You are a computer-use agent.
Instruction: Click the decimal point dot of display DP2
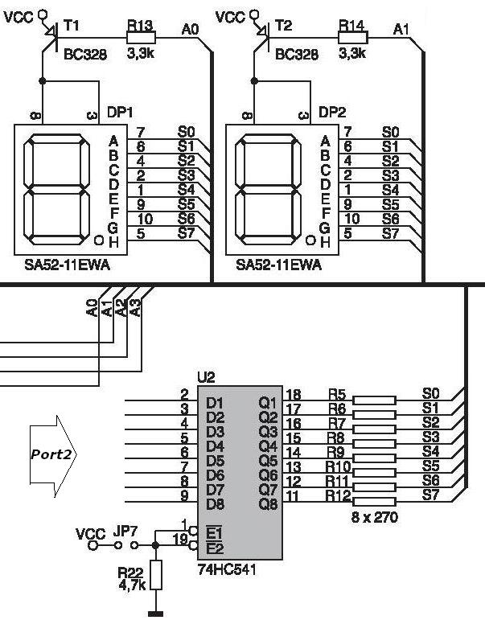[309, 240]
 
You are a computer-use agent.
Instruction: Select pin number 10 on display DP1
[140, 219]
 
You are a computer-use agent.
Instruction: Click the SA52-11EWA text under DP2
[277, 265]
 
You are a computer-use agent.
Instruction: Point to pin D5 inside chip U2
[215, 460]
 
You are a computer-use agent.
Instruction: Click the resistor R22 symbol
[156, 575]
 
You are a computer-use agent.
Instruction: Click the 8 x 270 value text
[375, 518]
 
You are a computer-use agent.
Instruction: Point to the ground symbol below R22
[156, 614]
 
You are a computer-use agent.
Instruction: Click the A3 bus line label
[135, 306]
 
